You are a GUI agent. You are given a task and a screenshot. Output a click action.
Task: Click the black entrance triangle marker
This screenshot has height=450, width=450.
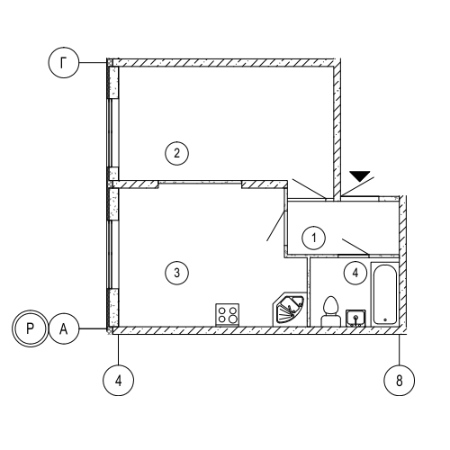360,175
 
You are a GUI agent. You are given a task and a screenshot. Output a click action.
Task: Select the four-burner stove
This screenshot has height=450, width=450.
228,314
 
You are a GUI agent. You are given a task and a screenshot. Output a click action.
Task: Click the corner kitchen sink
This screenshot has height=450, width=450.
290,309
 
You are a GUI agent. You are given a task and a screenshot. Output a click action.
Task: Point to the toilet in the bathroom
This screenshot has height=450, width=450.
330,311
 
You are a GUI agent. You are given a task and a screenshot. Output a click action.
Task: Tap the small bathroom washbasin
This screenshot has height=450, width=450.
355,318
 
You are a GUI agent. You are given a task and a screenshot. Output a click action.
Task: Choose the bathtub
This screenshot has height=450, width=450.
385,293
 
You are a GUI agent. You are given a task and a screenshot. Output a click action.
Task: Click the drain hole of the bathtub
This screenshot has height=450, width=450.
385,319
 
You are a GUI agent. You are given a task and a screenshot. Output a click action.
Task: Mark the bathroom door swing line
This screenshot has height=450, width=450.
355,247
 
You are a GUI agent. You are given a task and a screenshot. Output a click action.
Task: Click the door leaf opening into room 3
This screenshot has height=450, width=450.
276,226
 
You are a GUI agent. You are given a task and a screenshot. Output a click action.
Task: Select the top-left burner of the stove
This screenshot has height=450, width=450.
222,310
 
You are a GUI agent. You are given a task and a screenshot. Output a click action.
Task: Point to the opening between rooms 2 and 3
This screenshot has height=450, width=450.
200,182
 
